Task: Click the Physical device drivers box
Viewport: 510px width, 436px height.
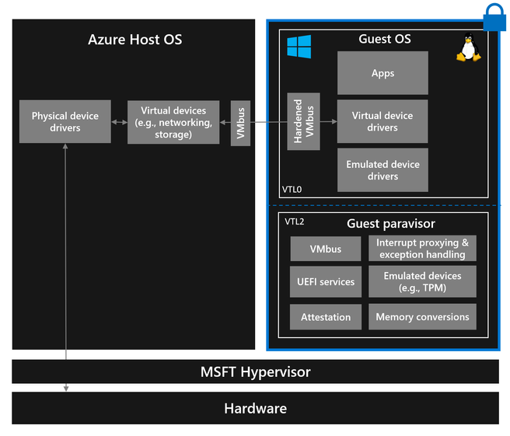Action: pyautogui.click(x=65, y=122)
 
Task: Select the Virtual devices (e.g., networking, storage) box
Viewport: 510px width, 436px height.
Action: pyautogui.click(x=173, y=122)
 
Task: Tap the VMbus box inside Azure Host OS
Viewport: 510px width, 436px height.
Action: pyautogui.click(x=240, y=122)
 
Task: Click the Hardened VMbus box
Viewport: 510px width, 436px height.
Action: pyautogui.click(x=304, y=122)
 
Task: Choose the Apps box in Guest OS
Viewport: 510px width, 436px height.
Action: pyautogui.click(x=382, y=73)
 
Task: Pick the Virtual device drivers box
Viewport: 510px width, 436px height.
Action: pyautogui.click(x=382, y=121)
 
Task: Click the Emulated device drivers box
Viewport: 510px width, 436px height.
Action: pyautogui.click(x=382, y=170)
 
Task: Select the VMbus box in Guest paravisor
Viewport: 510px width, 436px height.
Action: pyautogui.click(x=326, y=249)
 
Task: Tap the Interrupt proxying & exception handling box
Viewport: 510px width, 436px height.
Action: pyautogui.click(x=422, y=249)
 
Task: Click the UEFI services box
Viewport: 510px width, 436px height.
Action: pyautogui.click(x=326, y=281)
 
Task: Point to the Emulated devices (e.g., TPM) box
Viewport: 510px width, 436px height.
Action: pyautogui.click(x=422, y=281)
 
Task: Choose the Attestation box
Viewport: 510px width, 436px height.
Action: pyautogui.click(x=326, y=317)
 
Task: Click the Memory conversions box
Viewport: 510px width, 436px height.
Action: pyautogui.click(x=422, y=317)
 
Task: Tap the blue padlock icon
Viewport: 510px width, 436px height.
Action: pyautogui.click(x=494, y=16)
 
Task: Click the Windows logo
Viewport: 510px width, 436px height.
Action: pyautogui.click(x=299, y=46)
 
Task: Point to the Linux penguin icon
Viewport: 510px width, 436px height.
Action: pyautogui.click(x=466, y=49)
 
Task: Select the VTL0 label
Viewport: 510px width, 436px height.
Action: pyautogui.click(x=292, y=189)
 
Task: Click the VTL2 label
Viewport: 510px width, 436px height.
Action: pyautogui.click(x=295, y=221)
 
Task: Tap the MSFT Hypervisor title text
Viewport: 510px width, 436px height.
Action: pyautogui.click(x=255, y=371)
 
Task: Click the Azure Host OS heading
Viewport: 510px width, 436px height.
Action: pyautogui.click(x=134, y=39)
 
